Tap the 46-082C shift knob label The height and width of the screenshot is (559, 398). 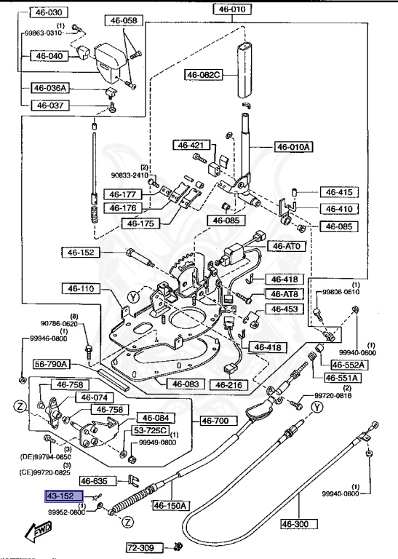203,74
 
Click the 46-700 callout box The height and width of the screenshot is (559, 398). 215,420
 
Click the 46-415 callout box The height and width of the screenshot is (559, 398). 338,193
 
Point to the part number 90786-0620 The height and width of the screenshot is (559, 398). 60,323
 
